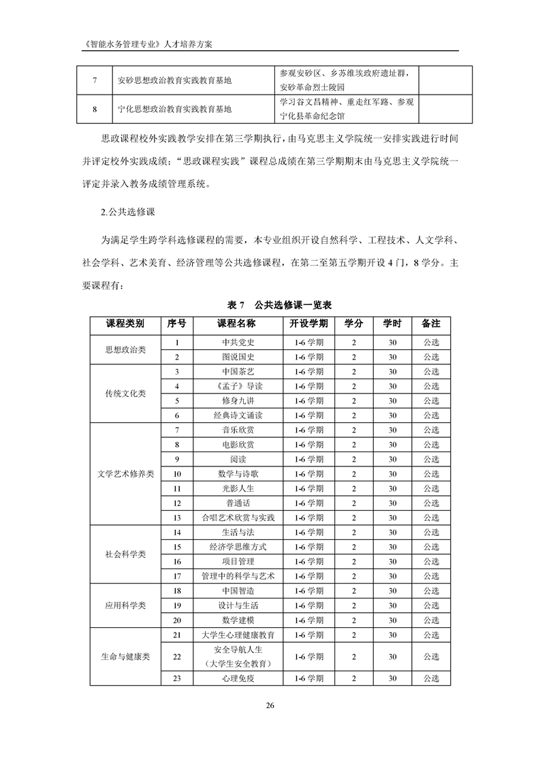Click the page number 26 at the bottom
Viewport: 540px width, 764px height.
coord(270,704)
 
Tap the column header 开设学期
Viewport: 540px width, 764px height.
coord(308,323)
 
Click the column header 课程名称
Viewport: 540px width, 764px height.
coord(236,323)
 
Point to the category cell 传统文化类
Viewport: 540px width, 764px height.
coord(125,394)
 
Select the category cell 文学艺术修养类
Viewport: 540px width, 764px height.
coord(125,474)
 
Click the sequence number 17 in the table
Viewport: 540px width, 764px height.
coord(177,576)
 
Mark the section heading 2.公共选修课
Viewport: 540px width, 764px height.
coord(129,212)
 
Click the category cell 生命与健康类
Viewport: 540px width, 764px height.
coord(125,656)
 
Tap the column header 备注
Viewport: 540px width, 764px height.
coord(431,323)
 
